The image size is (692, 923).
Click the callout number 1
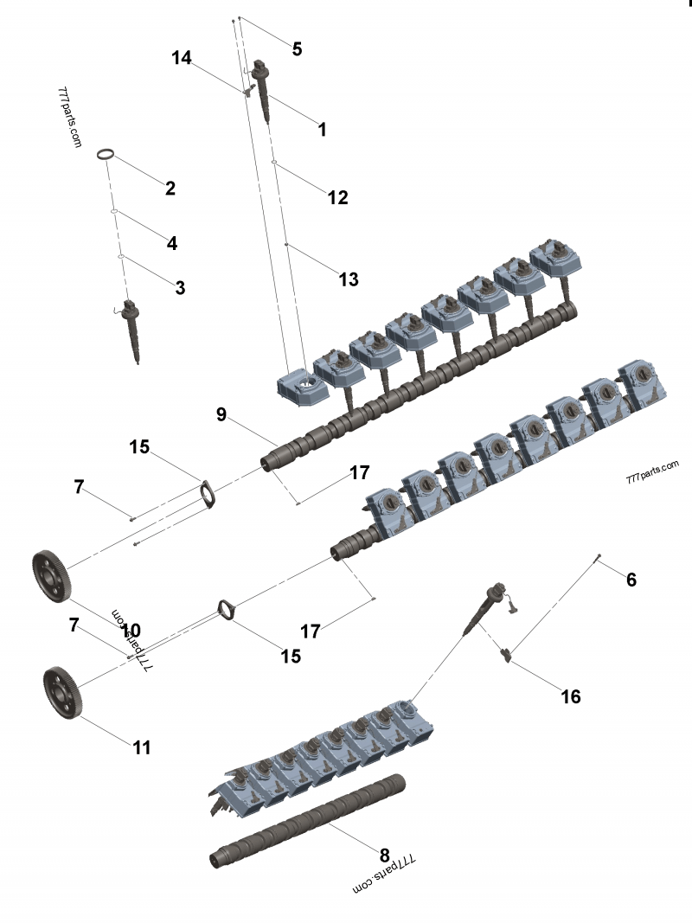point(322,130)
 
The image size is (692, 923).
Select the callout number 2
point(170,188)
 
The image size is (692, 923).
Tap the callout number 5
point(297,48)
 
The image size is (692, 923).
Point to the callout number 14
point(181,58)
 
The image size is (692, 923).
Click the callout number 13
point(348,279)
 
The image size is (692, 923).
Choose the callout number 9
point(222,414)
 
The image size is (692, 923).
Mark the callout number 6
point(631,580)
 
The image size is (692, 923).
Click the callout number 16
point(570,695)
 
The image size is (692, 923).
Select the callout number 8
point(384,841)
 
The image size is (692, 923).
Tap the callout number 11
point(142,747)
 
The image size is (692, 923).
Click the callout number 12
point(336,197)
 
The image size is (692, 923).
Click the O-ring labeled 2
point(106,154)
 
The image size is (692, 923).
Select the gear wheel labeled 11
point(61,689)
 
